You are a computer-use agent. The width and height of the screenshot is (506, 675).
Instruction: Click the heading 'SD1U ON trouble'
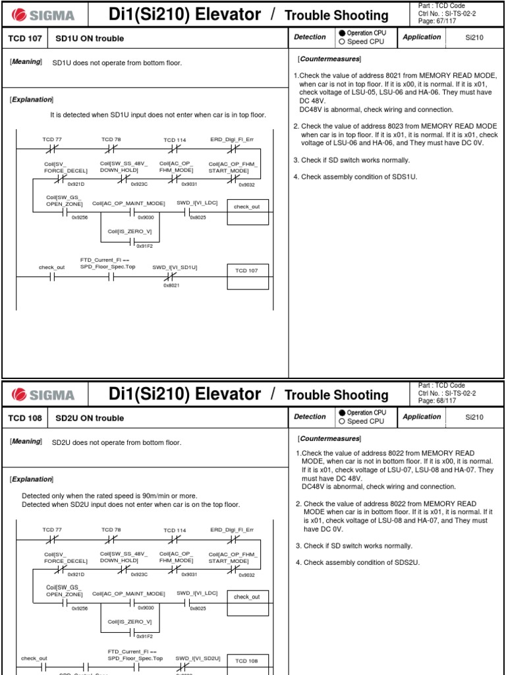coord(90,38)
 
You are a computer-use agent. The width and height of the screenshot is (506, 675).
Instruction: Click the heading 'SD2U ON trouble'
coord(90,418)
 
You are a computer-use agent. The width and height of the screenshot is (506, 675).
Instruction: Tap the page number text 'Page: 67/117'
coord(437,22)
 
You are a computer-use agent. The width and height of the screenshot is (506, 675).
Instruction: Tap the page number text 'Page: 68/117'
coord(437,401)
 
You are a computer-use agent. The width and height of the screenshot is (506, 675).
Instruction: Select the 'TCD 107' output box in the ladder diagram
coord(247,272)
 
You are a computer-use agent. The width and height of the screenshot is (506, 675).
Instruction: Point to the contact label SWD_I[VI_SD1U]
coord(175,267)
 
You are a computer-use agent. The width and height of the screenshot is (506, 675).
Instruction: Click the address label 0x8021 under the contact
coord(172,285)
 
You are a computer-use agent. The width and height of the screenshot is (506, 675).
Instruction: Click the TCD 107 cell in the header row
coord(24,38)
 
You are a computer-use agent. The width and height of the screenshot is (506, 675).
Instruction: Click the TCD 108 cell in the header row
coord(24,418)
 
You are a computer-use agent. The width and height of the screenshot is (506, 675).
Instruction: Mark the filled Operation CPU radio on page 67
coord(342,33)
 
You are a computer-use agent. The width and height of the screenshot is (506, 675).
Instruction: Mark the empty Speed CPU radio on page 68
coord(342,421)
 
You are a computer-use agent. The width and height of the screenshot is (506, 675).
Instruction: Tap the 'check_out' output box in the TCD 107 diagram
coord(247,207)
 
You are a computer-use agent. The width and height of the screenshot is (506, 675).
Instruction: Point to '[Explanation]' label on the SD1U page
coord(32,99)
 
